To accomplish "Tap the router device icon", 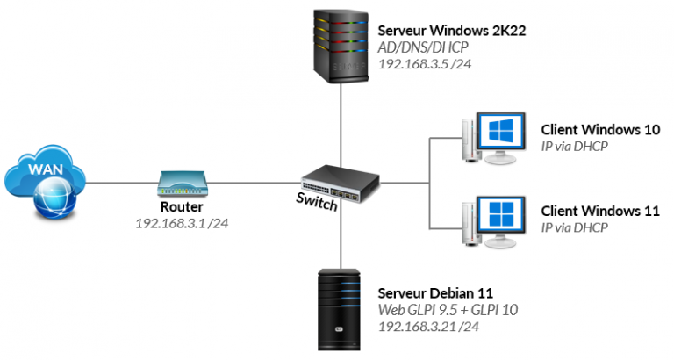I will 182,183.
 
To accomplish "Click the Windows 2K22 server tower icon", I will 339,44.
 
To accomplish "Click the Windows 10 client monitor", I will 498,135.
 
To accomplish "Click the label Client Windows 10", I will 600,130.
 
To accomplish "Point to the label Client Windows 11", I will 600,212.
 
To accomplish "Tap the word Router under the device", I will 182,208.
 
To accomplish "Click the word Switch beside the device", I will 315,204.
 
